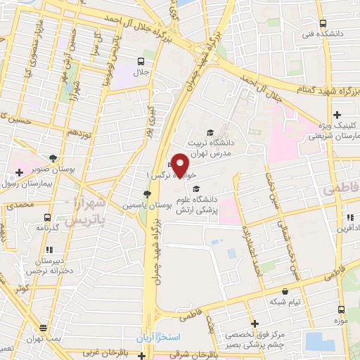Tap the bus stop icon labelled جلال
(x=142, y=61)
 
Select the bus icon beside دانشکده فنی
(x=321, y=23)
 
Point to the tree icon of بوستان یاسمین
(x=146, y=193)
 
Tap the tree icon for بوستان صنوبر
(x=53, y=159)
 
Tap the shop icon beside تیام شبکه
(x=285, y=290)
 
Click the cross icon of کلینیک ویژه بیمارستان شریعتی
(x=337, y=114)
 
